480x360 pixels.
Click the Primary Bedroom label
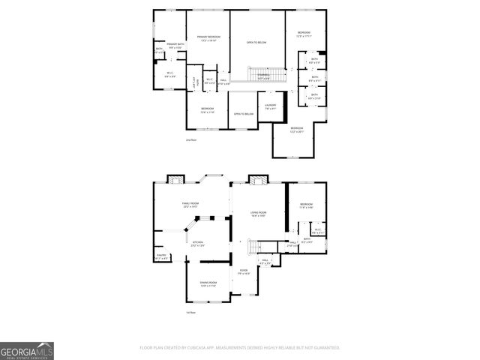[x=208, y=37]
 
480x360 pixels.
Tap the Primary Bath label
[x=175, y=46]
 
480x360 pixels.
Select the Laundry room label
[x=271, y=106]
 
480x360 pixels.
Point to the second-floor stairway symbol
[x=265, y=75]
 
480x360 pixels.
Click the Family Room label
[x=189, y=205]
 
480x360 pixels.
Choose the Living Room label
[x=258, y=214]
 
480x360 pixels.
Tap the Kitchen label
[x=197, y=244]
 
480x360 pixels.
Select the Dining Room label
[x=208, y=284]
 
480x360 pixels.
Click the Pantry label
[x=161, y=256]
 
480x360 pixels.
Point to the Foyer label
[x=244, y=271]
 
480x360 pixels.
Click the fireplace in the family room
[x=175, y=180]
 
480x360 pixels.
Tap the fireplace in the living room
[x=259, y=180]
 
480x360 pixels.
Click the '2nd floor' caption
[x=191, y=139]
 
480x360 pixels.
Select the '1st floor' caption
[x=191, y=312]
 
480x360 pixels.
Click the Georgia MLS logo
[x=27, y=350]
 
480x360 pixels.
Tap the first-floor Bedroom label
[x=305, y=206]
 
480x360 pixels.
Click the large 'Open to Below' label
[x=257, y=43]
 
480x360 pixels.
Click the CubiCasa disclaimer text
[x=240, y=348]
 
